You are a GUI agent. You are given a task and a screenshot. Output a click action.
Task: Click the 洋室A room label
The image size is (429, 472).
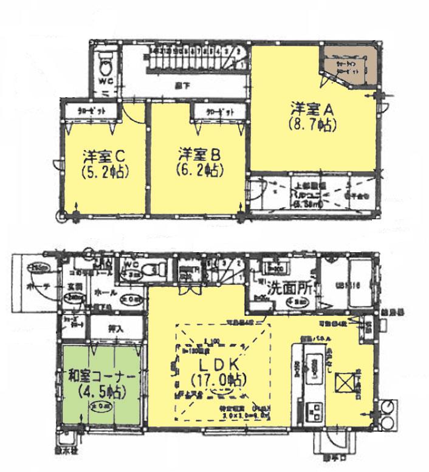tap(313, 110)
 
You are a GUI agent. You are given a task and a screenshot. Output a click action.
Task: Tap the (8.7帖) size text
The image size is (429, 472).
tap(313, 126)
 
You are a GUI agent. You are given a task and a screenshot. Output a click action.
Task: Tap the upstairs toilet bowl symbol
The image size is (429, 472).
tap(105, 63)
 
